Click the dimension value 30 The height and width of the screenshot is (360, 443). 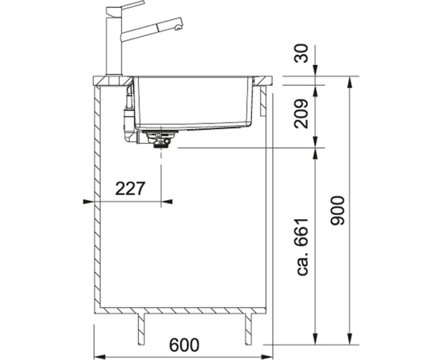click(x=301, y=53)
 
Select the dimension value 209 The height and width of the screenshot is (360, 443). click(x=301, y=114)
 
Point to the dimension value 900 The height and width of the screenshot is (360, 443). click(x=338, y=210)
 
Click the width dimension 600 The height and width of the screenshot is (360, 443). click(x=184, y=344)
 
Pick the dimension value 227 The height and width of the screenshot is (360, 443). click(x=130, y=188)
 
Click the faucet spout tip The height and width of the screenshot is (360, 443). click(x=178, y=27)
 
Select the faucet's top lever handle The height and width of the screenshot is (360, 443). click(x=126, y=7)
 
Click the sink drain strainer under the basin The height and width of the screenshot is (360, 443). click(x=161, y=139)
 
